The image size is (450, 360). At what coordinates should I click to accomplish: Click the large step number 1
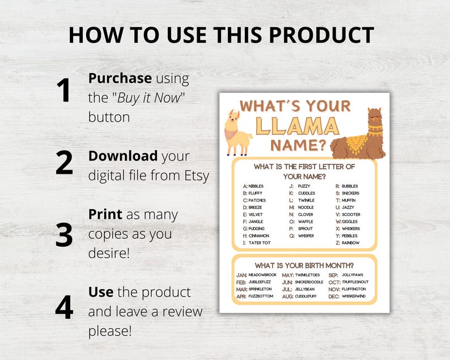tap(63, 91)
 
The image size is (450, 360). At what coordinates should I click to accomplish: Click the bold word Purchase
tap(120, 78)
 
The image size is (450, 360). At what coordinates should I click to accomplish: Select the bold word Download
tap(123, 156)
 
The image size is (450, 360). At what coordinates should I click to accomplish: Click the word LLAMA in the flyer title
tap(296, 125)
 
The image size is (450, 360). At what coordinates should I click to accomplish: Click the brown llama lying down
tap(359, 136)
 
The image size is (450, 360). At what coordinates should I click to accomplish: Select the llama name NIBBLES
tap(256, 186)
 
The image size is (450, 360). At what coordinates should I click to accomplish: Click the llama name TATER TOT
tap(260, 243)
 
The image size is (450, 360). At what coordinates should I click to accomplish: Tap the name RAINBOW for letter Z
tap(350, 243)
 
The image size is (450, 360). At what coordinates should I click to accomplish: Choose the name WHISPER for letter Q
tap(307, 236)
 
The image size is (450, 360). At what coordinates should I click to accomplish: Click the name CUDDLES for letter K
tap(306, 193)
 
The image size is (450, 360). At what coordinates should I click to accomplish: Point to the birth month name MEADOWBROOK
tap(262, 275)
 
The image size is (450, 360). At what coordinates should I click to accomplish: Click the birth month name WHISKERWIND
tap(355, 296)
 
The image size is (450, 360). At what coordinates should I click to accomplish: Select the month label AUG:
tap(287, 296)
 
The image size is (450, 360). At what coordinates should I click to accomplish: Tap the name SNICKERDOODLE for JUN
tap(309, 282)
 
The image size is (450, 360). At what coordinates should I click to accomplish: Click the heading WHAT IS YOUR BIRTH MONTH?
tap(304, 265)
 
